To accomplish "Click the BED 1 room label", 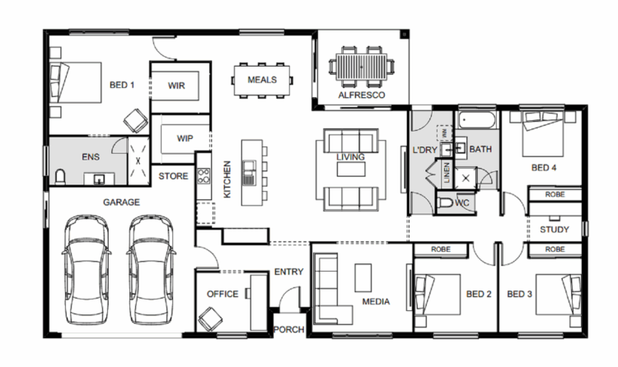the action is point(122,85).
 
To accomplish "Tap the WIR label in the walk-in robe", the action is point(176,86).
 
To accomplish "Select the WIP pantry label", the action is point(185,138).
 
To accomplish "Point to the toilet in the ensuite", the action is point(60,177).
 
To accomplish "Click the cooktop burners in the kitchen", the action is point(204,176).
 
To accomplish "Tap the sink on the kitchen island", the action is point(249,173).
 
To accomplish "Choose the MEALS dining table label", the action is point(262,80).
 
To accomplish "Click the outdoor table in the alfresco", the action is point(362,67).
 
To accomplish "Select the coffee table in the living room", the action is point(351,169).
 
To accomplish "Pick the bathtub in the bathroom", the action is point(477,119).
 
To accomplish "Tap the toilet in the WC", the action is point(445,202).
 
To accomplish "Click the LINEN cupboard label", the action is point(447,172).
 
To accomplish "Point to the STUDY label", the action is point(555,230).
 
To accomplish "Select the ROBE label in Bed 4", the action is point(555,194).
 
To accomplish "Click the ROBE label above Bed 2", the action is point(441,249).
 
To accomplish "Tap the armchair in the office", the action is point(210,318).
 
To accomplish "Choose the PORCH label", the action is point(289,329).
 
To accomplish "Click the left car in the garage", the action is point(87,270).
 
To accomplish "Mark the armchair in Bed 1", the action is point(136,120).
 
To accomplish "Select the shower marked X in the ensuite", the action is point(138,161).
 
